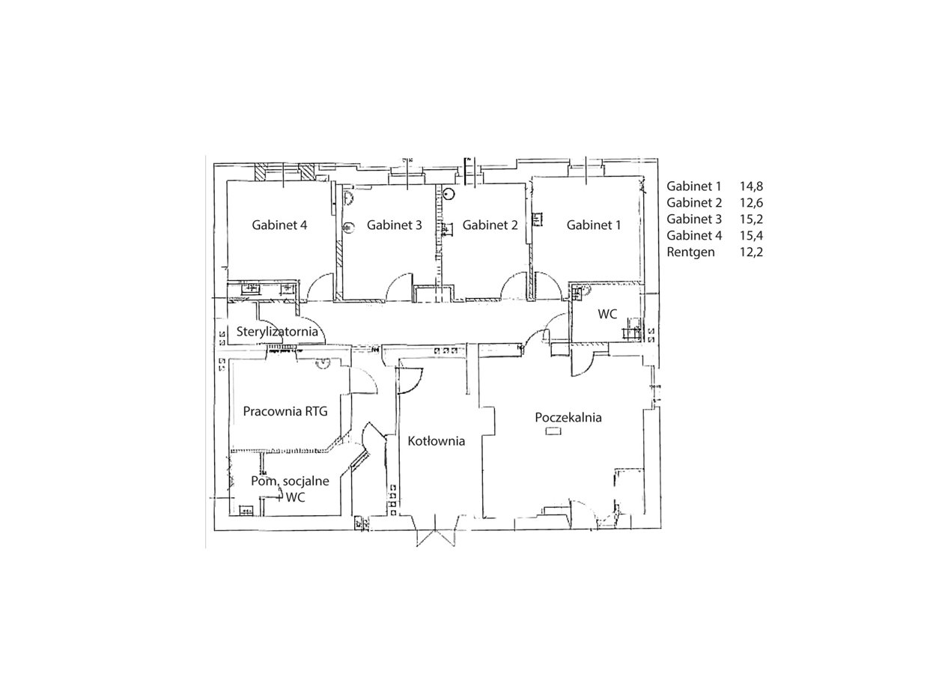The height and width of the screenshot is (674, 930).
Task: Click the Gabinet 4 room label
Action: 279,225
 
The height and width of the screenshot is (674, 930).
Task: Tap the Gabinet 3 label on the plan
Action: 394,225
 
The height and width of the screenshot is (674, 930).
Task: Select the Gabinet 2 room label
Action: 490,225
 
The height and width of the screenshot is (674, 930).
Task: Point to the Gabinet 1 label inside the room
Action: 594,225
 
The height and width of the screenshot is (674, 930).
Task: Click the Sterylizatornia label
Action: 277,332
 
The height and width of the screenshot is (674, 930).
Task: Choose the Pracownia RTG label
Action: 285,411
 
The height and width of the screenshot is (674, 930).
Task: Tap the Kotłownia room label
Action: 436,440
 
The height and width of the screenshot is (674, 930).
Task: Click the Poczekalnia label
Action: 568,417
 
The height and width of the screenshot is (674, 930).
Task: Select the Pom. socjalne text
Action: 290,481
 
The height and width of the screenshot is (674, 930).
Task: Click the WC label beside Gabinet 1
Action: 607,314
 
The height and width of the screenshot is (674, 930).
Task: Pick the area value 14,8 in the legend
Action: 751,186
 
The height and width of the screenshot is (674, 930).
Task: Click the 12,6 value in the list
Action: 751,203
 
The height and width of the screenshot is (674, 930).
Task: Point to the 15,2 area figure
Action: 751,219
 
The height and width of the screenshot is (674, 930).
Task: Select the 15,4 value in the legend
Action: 751,235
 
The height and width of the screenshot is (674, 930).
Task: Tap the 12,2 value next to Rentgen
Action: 751,252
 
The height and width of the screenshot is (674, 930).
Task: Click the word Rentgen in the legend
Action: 691,252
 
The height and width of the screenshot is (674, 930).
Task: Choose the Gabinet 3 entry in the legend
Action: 694,219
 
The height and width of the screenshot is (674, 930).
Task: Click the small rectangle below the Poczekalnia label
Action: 553,432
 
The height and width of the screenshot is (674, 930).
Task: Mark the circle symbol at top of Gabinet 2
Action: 449,193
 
